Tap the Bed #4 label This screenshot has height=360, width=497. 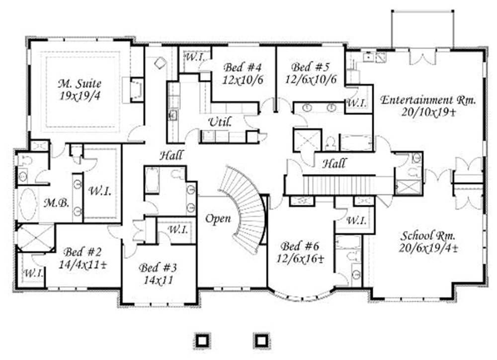(243, 67)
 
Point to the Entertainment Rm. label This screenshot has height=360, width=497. (428, 100)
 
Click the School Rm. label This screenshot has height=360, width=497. (428, 235)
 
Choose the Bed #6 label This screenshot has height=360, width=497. (299, 246)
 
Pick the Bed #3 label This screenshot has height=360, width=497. (158, 268)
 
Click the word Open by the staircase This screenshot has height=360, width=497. (218, 219)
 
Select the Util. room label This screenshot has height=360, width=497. (220, 122)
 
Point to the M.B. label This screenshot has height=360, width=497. (52, 203)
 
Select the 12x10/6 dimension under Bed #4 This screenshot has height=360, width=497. (243, 80)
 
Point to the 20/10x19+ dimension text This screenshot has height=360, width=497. (428, 112)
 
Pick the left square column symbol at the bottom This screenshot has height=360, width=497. (201, 340)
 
